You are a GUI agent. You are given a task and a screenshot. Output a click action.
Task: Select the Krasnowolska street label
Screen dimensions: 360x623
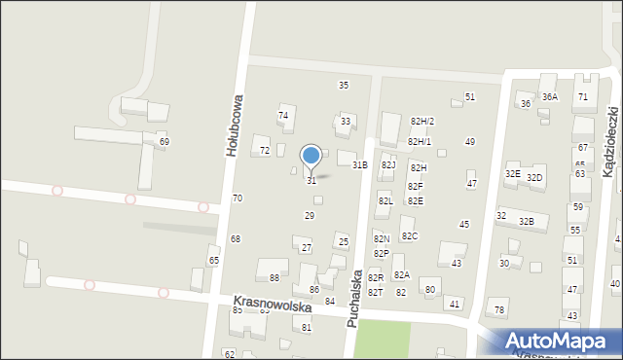point(272,306)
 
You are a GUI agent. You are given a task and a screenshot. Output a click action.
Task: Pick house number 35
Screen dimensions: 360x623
point(344,86)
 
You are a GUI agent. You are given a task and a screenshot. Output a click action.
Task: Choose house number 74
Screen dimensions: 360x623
point(283,116)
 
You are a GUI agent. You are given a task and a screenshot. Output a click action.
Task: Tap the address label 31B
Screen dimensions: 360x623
point(359,165)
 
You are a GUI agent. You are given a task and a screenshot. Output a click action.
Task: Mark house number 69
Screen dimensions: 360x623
point(165,142)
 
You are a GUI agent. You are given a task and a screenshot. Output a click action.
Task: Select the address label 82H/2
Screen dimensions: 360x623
point(421,121)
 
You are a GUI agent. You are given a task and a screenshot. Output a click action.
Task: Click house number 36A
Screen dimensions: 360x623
point(550,97)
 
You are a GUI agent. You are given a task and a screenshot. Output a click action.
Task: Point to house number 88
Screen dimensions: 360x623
point(275,278)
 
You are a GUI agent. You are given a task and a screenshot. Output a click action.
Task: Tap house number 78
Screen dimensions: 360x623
point(499,310)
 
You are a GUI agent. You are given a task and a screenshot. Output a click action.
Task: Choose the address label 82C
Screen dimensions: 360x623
point(410,236)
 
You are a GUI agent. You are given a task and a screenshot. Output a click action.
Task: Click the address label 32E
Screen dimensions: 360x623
point(512,173)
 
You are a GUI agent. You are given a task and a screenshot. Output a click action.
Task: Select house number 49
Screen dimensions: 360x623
point(470,142)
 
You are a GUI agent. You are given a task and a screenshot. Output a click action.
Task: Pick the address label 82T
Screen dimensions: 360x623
point(375,293)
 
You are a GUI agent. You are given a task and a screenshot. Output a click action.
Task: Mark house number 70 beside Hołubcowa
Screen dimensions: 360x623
point(237,198)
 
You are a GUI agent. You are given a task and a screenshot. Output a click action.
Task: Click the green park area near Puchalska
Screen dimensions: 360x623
point(382,340)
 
